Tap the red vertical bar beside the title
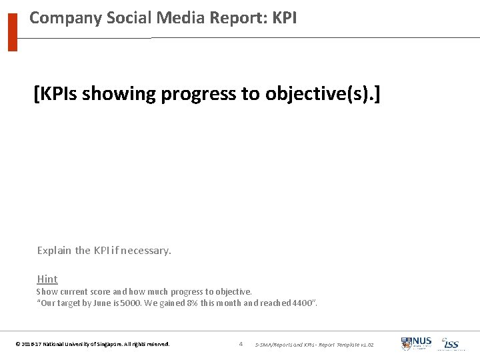point(12,31)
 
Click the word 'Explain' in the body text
point(54,251)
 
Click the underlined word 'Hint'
point(47,279)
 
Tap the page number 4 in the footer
point(241,344)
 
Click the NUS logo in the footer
point(417,344)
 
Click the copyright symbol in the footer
point(17,345)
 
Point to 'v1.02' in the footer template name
point(366,345)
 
